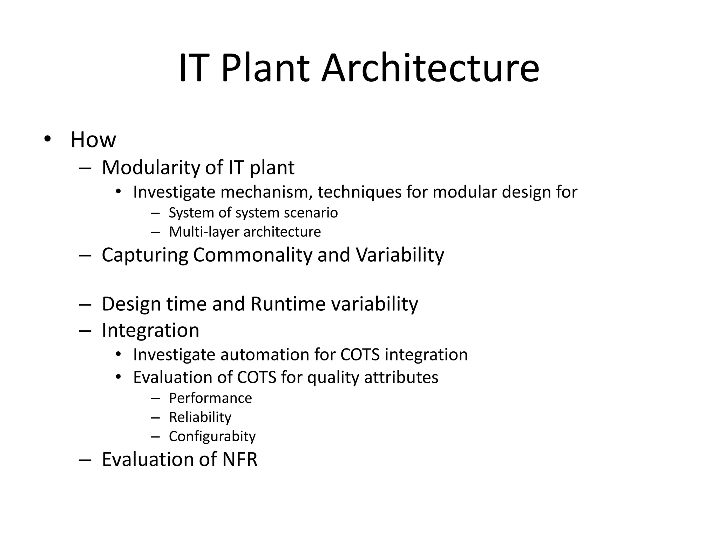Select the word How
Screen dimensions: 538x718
pos(93,140)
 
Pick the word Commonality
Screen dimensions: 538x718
pos(252,255)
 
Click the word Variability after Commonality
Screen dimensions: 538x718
pos(400,255)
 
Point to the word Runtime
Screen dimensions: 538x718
pos(288,304)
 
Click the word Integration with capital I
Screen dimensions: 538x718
pos(150,330)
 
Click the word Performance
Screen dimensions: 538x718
pos(210,398)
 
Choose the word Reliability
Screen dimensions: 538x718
pos(200,417)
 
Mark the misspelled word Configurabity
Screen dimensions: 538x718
pos(212,436)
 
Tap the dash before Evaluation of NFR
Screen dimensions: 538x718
pos(85,460)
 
